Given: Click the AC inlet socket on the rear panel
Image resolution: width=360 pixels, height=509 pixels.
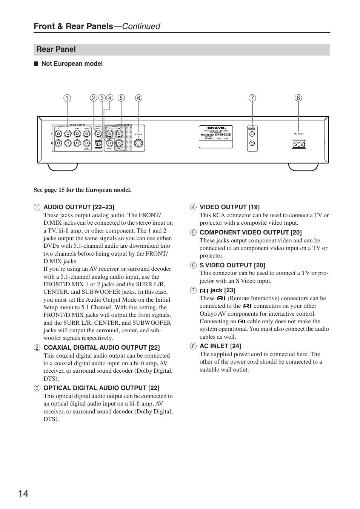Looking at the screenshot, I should tap(299, 144).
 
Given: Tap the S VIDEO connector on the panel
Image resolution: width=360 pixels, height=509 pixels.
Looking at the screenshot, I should tap(139, 143).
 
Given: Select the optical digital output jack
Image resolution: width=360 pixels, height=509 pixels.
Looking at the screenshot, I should tap(98, 143).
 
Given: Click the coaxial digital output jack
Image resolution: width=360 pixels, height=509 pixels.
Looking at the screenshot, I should tap(98, 133).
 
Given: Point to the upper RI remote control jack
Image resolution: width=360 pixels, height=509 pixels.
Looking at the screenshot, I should tap(252, 134).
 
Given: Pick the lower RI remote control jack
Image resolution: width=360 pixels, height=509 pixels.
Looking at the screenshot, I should tap(252, 143).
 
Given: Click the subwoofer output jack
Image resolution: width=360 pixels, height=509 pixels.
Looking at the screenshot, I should tap(87, 143).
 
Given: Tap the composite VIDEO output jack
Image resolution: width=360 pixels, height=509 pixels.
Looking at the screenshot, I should tap(109, 143).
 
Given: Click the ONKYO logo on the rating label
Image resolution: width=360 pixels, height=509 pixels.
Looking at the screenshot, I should tap(216, 128).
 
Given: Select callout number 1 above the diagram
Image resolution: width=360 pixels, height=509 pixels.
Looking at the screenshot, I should tap(67, 98).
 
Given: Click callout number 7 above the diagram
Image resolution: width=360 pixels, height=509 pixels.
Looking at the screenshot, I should tap(252, 98).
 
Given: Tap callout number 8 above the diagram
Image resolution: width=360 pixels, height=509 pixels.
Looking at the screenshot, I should tap(298, 98).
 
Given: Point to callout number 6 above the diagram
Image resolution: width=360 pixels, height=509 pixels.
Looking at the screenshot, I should tap(138, 98).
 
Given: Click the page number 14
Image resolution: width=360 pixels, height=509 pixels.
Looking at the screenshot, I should tap(23, 494).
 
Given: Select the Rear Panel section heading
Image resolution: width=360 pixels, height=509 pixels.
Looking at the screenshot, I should tap(56, 49).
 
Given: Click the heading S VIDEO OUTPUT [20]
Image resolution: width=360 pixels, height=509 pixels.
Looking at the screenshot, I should tap(232, 265).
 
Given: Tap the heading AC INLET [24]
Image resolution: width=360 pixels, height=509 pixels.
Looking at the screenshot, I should tap(220, 346).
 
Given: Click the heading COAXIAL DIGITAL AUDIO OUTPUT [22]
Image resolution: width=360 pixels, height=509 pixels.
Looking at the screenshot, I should tap(102, 347).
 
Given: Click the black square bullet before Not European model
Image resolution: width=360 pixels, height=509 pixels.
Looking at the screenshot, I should tap(36, 64).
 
